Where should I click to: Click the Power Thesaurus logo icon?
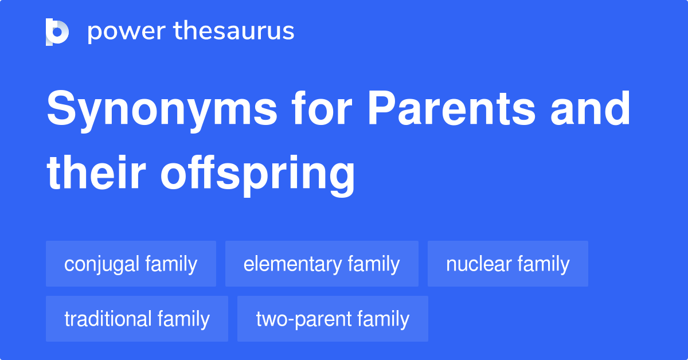click(57, 32)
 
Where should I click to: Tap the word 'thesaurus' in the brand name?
click(235, 32)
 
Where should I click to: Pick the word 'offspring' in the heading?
click(257, 174)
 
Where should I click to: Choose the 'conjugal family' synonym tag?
click(131, 264)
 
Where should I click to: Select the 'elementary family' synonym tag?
click(322, 264)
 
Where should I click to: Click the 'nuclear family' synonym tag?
click(508, 264)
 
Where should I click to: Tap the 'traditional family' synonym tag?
click(137, 319)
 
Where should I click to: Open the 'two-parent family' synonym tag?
click(333, 319)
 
